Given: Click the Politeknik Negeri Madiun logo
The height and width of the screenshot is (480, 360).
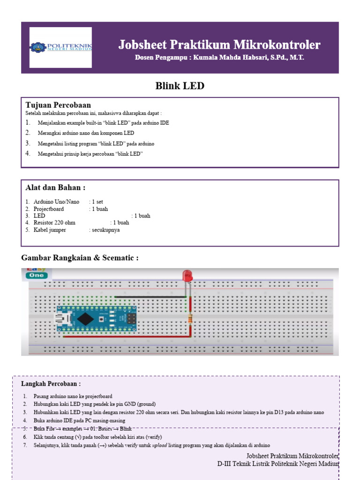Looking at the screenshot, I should point(61,47).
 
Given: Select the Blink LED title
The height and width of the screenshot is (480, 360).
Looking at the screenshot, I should point(180,86).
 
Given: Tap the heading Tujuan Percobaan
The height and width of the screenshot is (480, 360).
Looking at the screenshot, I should point(58,105).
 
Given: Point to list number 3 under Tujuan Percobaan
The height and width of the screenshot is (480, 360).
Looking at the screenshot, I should point(28,143).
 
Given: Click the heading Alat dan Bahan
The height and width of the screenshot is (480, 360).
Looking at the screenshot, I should point(55,188).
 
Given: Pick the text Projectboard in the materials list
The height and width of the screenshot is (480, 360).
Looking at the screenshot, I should point(49,209).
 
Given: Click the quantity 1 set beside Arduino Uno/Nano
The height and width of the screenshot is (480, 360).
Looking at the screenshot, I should point(96,202).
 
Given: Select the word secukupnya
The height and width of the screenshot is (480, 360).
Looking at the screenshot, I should point(106,230).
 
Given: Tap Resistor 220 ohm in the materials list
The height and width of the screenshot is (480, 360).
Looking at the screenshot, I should point(54,223).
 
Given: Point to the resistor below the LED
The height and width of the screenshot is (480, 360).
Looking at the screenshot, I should point(189,319).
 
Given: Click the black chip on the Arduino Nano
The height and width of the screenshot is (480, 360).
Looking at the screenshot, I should point(85,319).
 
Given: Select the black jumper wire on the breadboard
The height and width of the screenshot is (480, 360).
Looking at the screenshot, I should point(150,297).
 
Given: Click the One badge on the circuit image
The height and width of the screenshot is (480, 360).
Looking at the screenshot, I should point(37,275).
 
